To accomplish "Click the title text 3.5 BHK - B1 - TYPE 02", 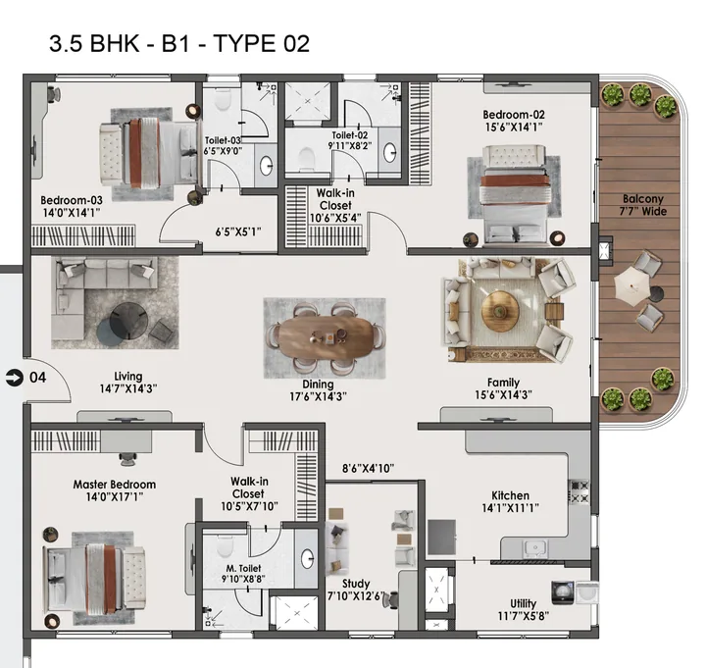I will point(179,43).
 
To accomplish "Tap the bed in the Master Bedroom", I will point(96,575).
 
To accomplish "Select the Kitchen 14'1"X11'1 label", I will point(510,502).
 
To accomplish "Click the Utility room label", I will point(523,610).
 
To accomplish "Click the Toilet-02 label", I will point(349,141).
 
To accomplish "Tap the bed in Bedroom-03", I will point(148,152).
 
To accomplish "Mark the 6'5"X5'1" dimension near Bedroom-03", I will point(238,233).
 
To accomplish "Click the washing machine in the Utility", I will point(564,592).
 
